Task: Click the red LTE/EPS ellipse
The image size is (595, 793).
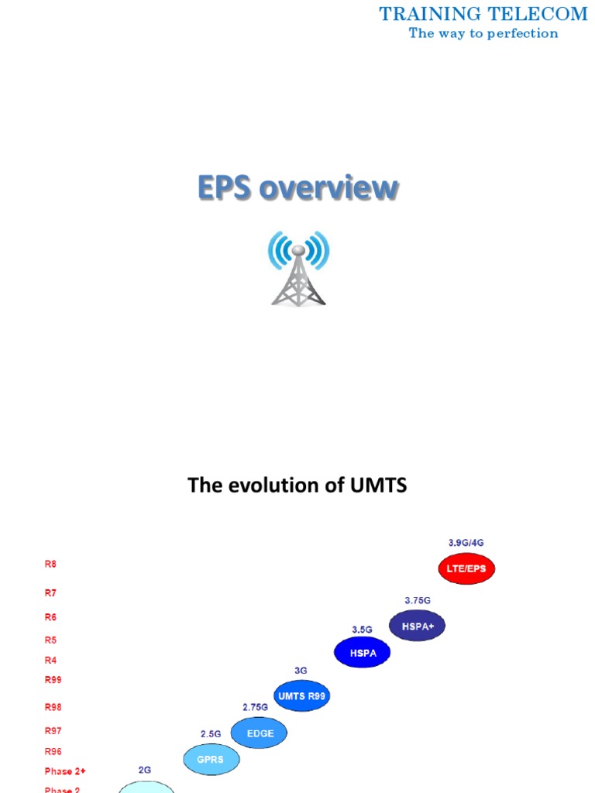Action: (x=466, y=569)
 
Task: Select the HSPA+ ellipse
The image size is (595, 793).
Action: (x=417, y=626)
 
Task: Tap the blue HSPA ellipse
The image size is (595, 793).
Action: (x=362, y=653)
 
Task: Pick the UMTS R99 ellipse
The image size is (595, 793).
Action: (x=302, y=695)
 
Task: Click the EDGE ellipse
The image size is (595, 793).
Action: (x=259, y=733)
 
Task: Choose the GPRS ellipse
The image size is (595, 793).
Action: (x=210, y=760)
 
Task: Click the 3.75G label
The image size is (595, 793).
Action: (x=418, y=600)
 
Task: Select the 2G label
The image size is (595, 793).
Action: (x=145, y=770)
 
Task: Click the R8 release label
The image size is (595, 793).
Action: (x=50, y=565)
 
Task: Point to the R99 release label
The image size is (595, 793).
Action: (x=53, y=680)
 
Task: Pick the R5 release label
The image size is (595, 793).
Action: (x=50, y=640)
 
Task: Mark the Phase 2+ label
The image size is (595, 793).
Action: (x=65, y=771)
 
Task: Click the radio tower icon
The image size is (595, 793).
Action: (x=298, y=268)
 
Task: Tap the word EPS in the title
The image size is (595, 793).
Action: (x=224, y=188)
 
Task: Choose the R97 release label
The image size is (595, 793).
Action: (x=53, y=730)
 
